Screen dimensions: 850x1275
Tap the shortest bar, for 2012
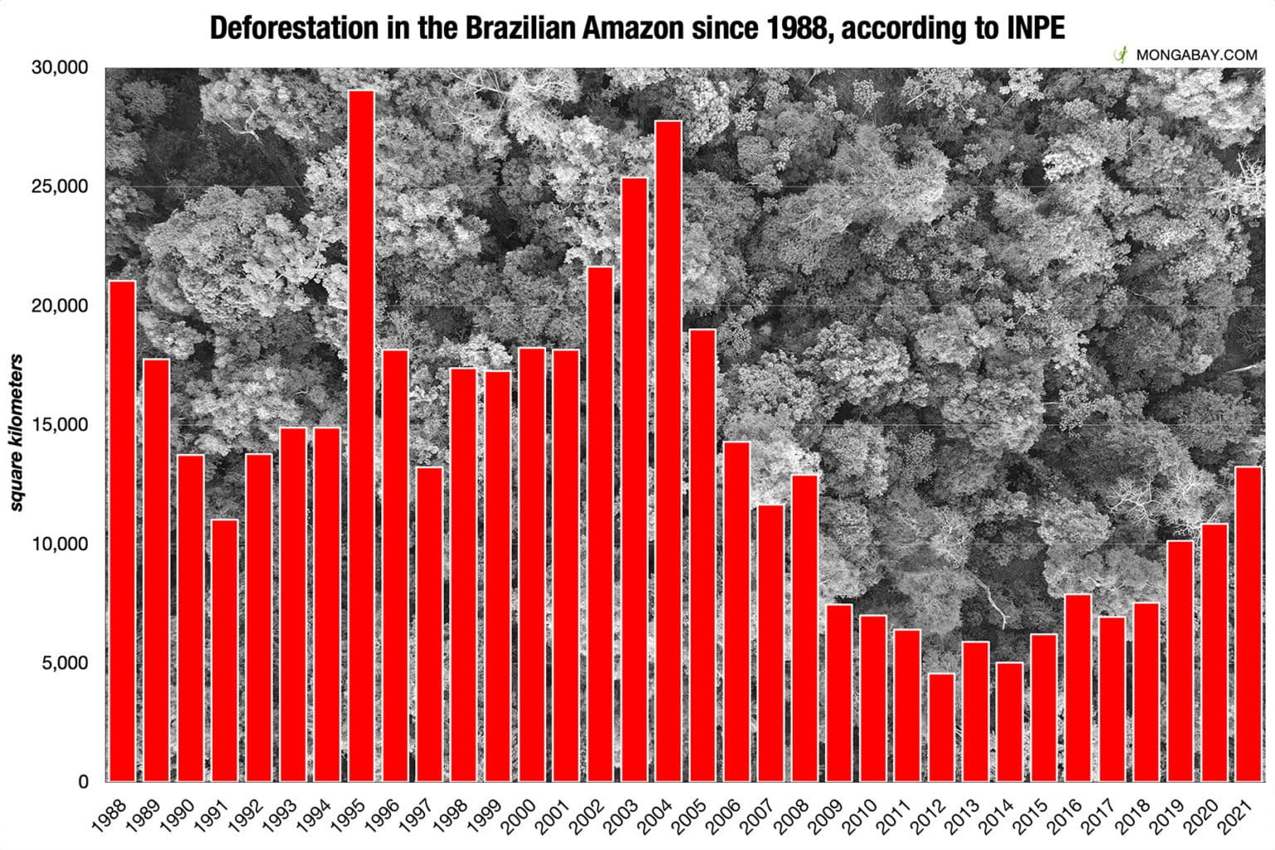click(941, 727)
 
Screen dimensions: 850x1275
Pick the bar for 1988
click(123, 531)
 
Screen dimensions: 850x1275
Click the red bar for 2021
click(1248, 623)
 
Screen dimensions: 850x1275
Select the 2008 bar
click(804, 628)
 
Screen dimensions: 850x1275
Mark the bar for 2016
click(1077, 687)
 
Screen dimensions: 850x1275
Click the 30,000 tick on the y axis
click(59, 68)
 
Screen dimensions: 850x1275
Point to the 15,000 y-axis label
click(59, 425)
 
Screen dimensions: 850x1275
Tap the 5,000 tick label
click(62, 663)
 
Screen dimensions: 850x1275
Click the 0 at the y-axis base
click(82, 782)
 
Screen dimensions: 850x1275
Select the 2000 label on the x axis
click(520, 815)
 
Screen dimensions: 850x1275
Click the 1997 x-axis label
click(418, 815)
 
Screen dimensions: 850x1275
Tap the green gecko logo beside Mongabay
click(1121, 55)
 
